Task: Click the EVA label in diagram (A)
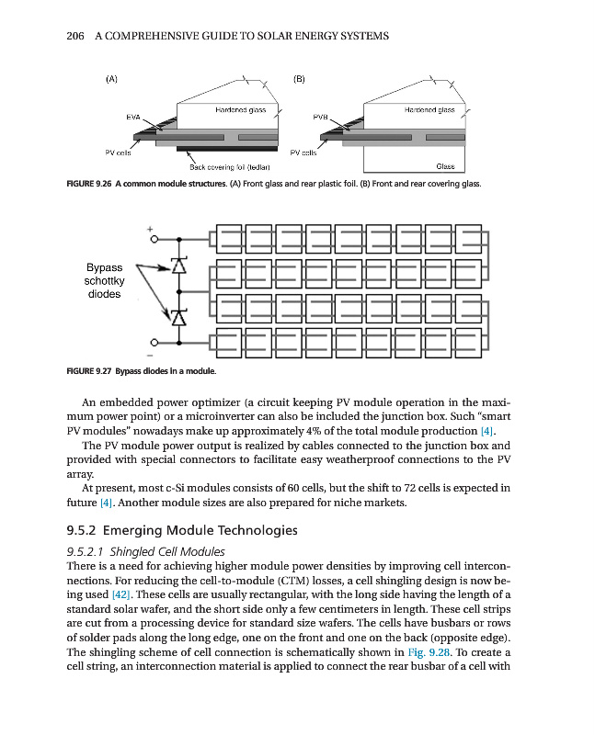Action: [132, 118]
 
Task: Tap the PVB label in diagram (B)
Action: [320, 118]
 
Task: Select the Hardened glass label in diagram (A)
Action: [241, 110]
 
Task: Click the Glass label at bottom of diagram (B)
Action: [445, 166]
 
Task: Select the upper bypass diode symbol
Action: [178, 266]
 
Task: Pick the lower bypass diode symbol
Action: [178, 317]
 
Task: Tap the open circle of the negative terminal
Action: [155, 343]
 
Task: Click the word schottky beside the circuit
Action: [110, 281]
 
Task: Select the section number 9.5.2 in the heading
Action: [83, 530]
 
